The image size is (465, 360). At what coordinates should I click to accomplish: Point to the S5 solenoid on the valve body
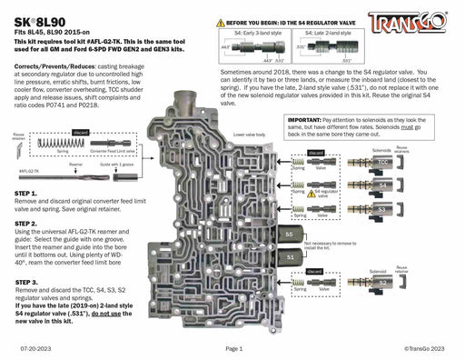pos(289,234)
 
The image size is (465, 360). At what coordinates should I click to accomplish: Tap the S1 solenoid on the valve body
pos(289,257)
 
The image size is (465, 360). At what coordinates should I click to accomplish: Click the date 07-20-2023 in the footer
pos(34,348)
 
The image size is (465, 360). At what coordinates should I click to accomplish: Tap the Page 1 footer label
pos(234,348)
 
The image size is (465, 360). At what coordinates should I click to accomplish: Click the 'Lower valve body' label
pos(250,134)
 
